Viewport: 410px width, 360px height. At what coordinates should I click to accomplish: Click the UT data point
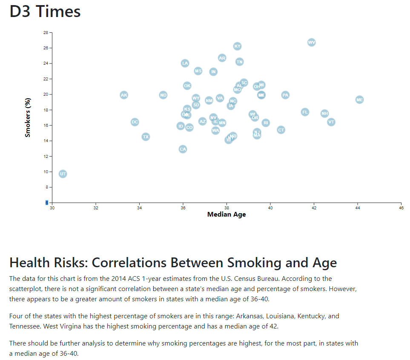(63, 174)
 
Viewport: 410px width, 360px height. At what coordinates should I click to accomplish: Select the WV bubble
(312, 42)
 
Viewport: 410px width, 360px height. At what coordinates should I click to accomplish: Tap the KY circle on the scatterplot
(238, 46)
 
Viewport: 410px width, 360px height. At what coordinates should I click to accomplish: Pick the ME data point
(360, 100)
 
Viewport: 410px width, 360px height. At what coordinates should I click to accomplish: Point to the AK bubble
(124, 95)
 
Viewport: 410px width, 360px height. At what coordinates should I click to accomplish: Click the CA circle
(183, 149)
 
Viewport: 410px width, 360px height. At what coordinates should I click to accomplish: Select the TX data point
(146, 137)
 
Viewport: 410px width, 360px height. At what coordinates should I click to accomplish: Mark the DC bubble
(135, 122)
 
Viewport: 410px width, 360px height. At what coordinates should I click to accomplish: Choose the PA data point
(285, 95)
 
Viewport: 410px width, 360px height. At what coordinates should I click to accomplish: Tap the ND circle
(163, 95)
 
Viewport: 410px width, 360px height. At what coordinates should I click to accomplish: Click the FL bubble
(305, 112)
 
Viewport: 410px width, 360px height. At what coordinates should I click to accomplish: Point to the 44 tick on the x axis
(358, 208)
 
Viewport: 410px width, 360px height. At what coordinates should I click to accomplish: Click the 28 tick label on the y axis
(46, 32)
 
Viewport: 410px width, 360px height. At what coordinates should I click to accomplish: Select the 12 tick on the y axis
(46, 156)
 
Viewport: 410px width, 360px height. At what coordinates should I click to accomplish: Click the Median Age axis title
(227, 214)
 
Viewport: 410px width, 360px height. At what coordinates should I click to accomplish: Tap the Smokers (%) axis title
(28, 118)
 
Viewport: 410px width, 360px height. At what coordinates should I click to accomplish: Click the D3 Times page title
(45, 11)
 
